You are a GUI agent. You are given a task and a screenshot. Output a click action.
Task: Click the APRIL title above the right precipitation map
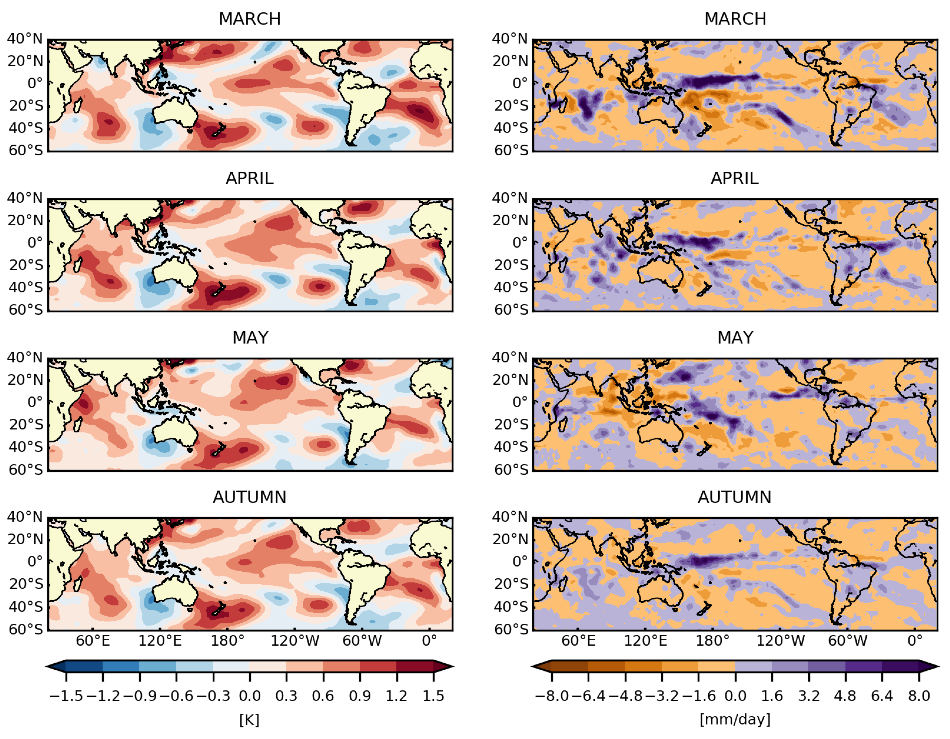tap(735, 178)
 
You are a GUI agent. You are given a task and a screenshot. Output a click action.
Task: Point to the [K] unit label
tap(249, 720)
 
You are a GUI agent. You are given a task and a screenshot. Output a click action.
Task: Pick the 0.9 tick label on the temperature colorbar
tap(360, 696)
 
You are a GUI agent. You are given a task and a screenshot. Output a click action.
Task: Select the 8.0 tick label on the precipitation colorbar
tap(919, 696)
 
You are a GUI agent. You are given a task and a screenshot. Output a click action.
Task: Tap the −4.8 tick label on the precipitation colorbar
tap(625, 696)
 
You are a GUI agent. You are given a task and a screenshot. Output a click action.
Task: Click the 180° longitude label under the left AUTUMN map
tap(227, 641)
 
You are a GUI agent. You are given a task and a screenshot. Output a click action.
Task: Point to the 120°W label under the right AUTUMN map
tap(780, 641)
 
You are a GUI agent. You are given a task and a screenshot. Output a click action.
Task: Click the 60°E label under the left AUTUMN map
tap(93, 641)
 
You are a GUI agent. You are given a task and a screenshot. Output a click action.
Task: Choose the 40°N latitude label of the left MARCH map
tap(25, 39)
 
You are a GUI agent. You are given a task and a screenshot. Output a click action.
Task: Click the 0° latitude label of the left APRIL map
tap(35, 242)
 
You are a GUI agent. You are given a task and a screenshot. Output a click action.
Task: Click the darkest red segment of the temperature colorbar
tap(414, 666)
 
